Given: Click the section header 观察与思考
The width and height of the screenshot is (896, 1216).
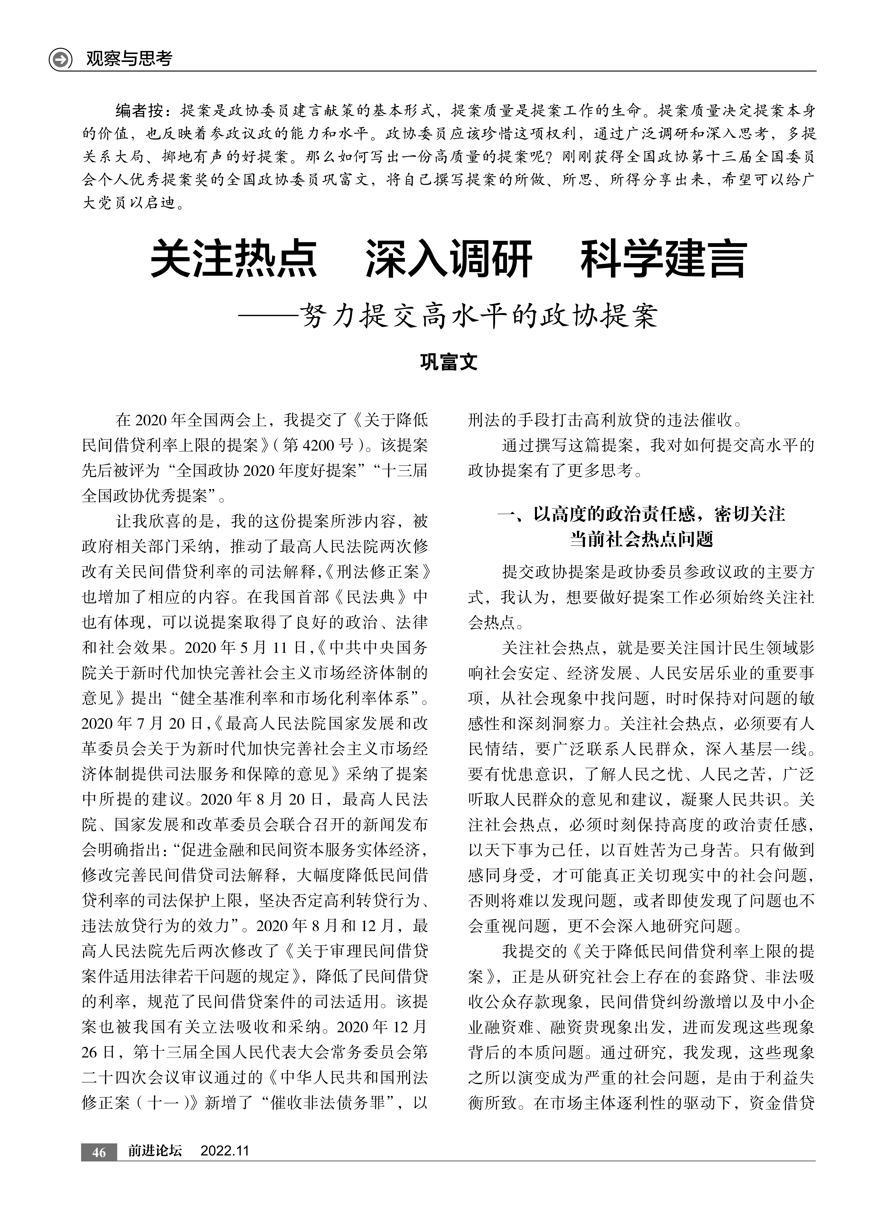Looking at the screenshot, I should [129, 59].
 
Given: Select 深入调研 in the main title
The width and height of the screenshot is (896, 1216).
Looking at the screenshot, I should [449, 260].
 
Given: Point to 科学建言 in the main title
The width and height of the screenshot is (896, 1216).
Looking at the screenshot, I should [664, 260].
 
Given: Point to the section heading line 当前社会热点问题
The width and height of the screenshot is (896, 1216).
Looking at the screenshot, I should [641, 539].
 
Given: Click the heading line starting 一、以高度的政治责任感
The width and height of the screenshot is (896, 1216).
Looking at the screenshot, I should [641, 514].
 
